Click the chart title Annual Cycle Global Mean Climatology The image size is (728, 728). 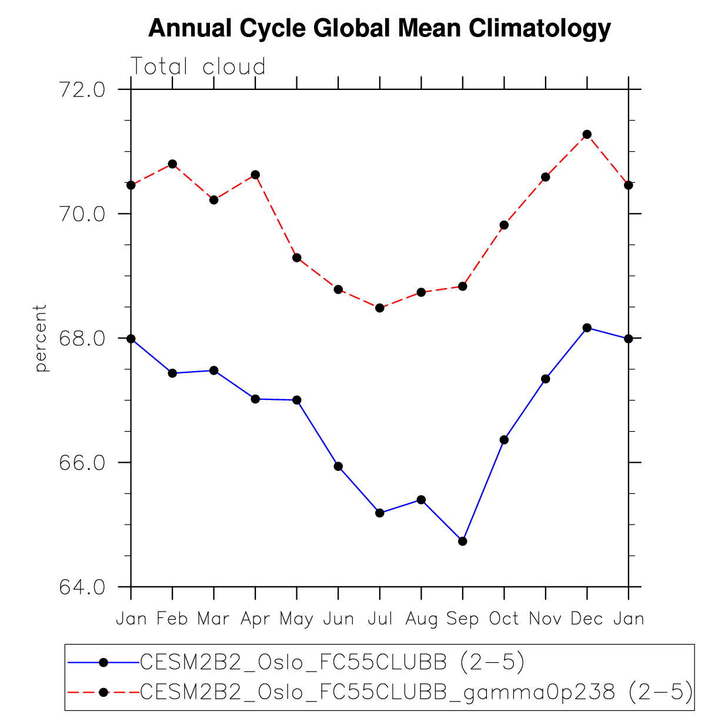(x=379, y=28)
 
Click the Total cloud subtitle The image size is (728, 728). (x=198, y=66)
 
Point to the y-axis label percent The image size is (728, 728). (x=40, y=338)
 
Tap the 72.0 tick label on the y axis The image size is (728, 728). (x=82, y=89)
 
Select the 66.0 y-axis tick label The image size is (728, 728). (x=82, y=463)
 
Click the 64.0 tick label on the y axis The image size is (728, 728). (x=82, y=587)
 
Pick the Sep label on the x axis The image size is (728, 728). (x=462, y=619)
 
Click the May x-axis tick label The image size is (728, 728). (x=296, y=619)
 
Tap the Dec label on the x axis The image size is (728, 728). (x=586, y=619)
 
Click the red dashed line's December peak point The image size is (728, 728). (x=587, y=135)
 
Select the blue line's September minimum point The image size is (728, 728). (x=463, y=541)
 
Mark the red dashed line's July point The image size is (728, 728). (x=380, y=308)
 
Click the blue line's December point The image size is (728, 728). (x=587, y=328)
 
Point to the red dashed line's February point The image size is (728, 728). (x=172, y=164)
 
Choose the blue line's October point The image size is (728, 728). (x=504, y=440)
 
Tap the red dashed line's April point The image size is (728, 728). (x=255, y=175)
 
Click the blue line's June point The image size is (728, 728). (x=338, y=466)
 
